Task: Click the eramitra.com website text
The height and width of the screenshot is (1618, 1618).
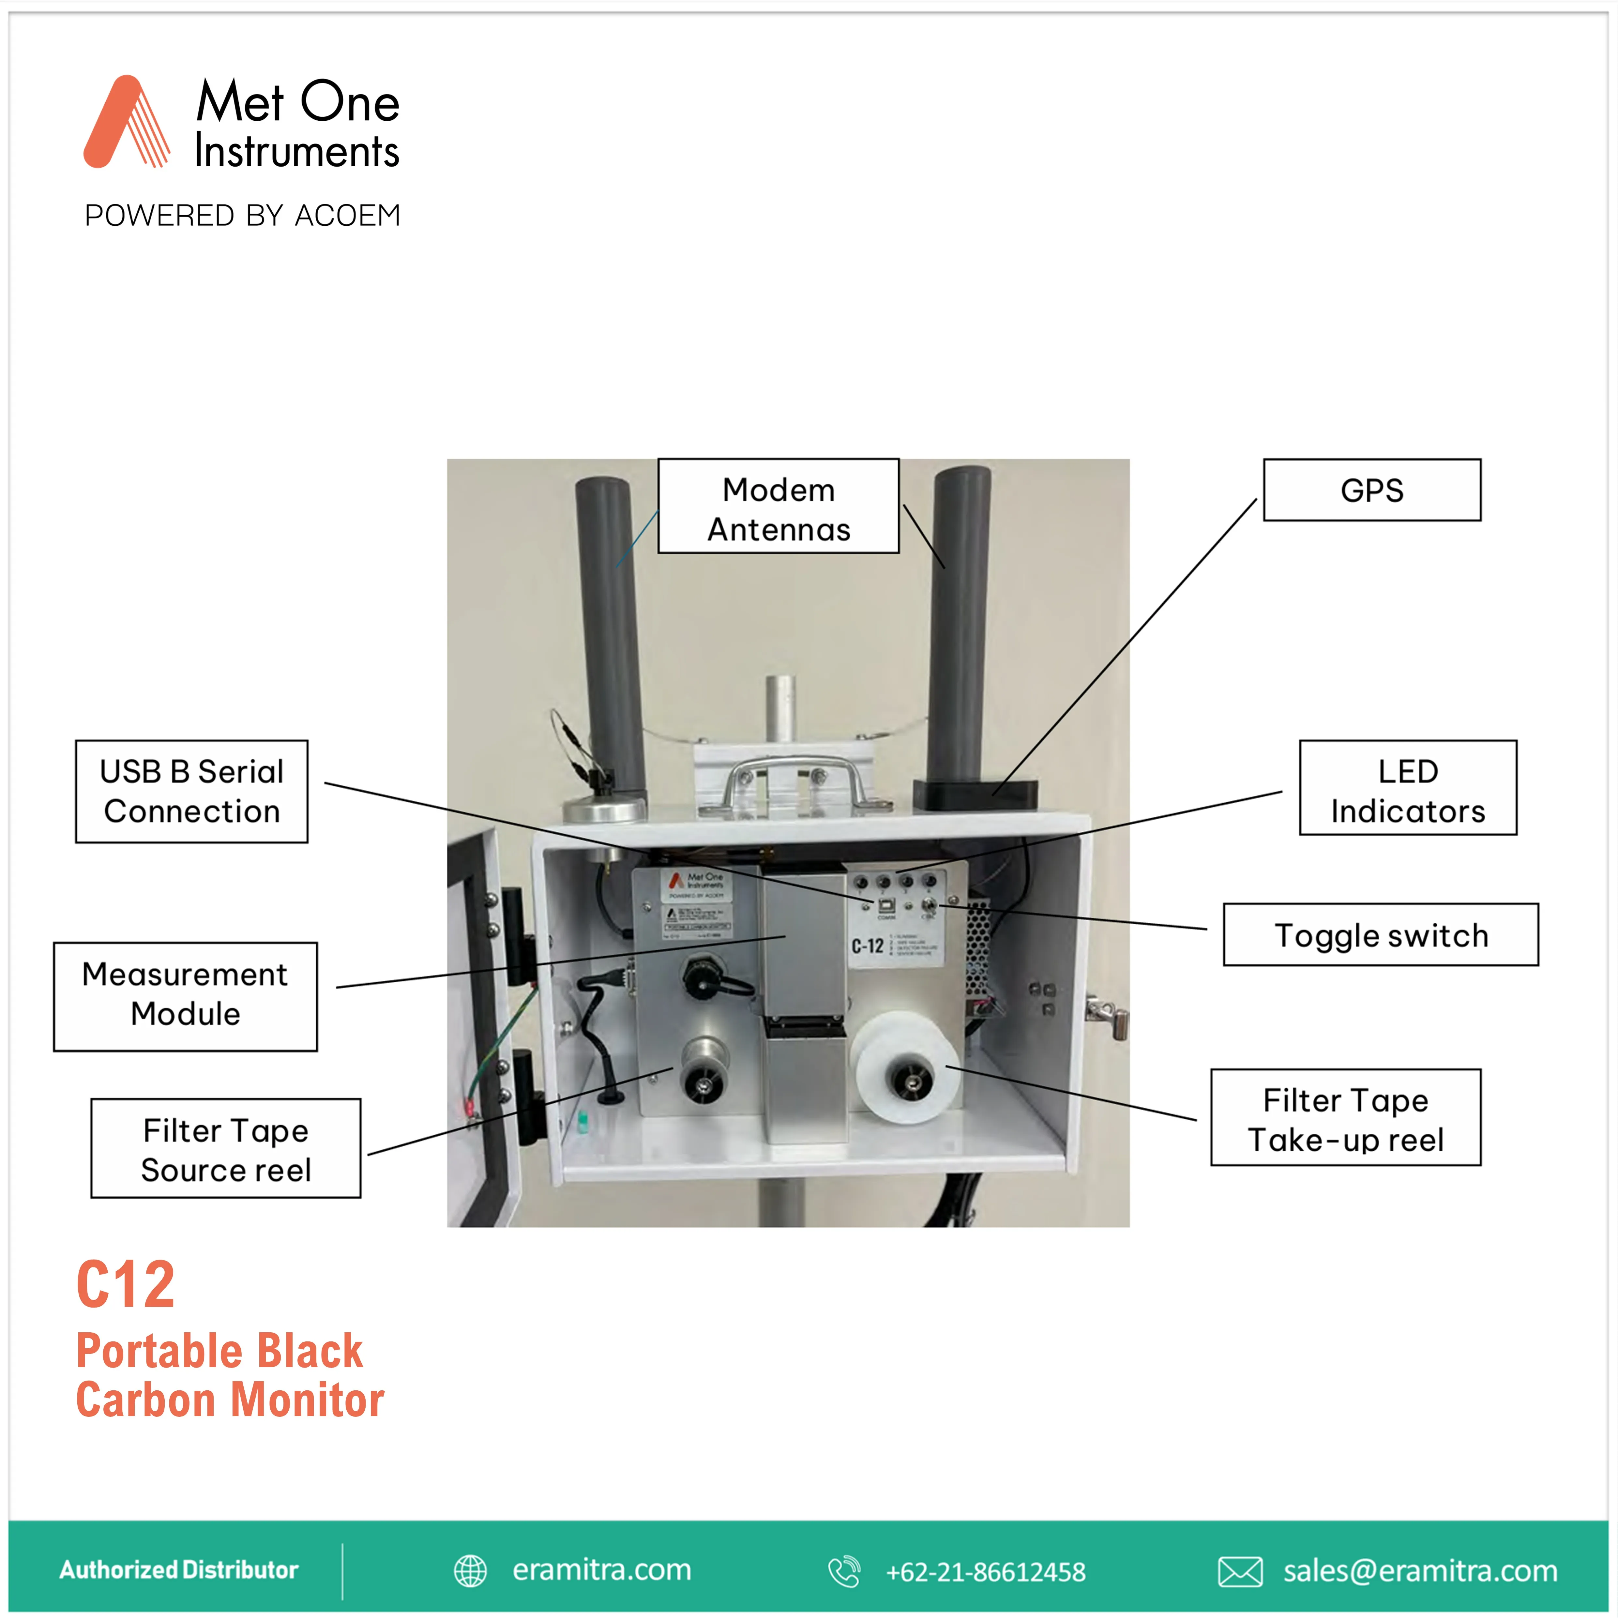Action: click(x=601, y=1569)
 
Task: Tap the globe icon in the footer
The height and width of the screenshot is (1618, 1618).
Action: click(x=470, y=1571)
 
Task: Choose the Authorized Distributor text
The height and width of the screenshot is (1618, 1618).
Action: click(x=178, y=1569)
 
